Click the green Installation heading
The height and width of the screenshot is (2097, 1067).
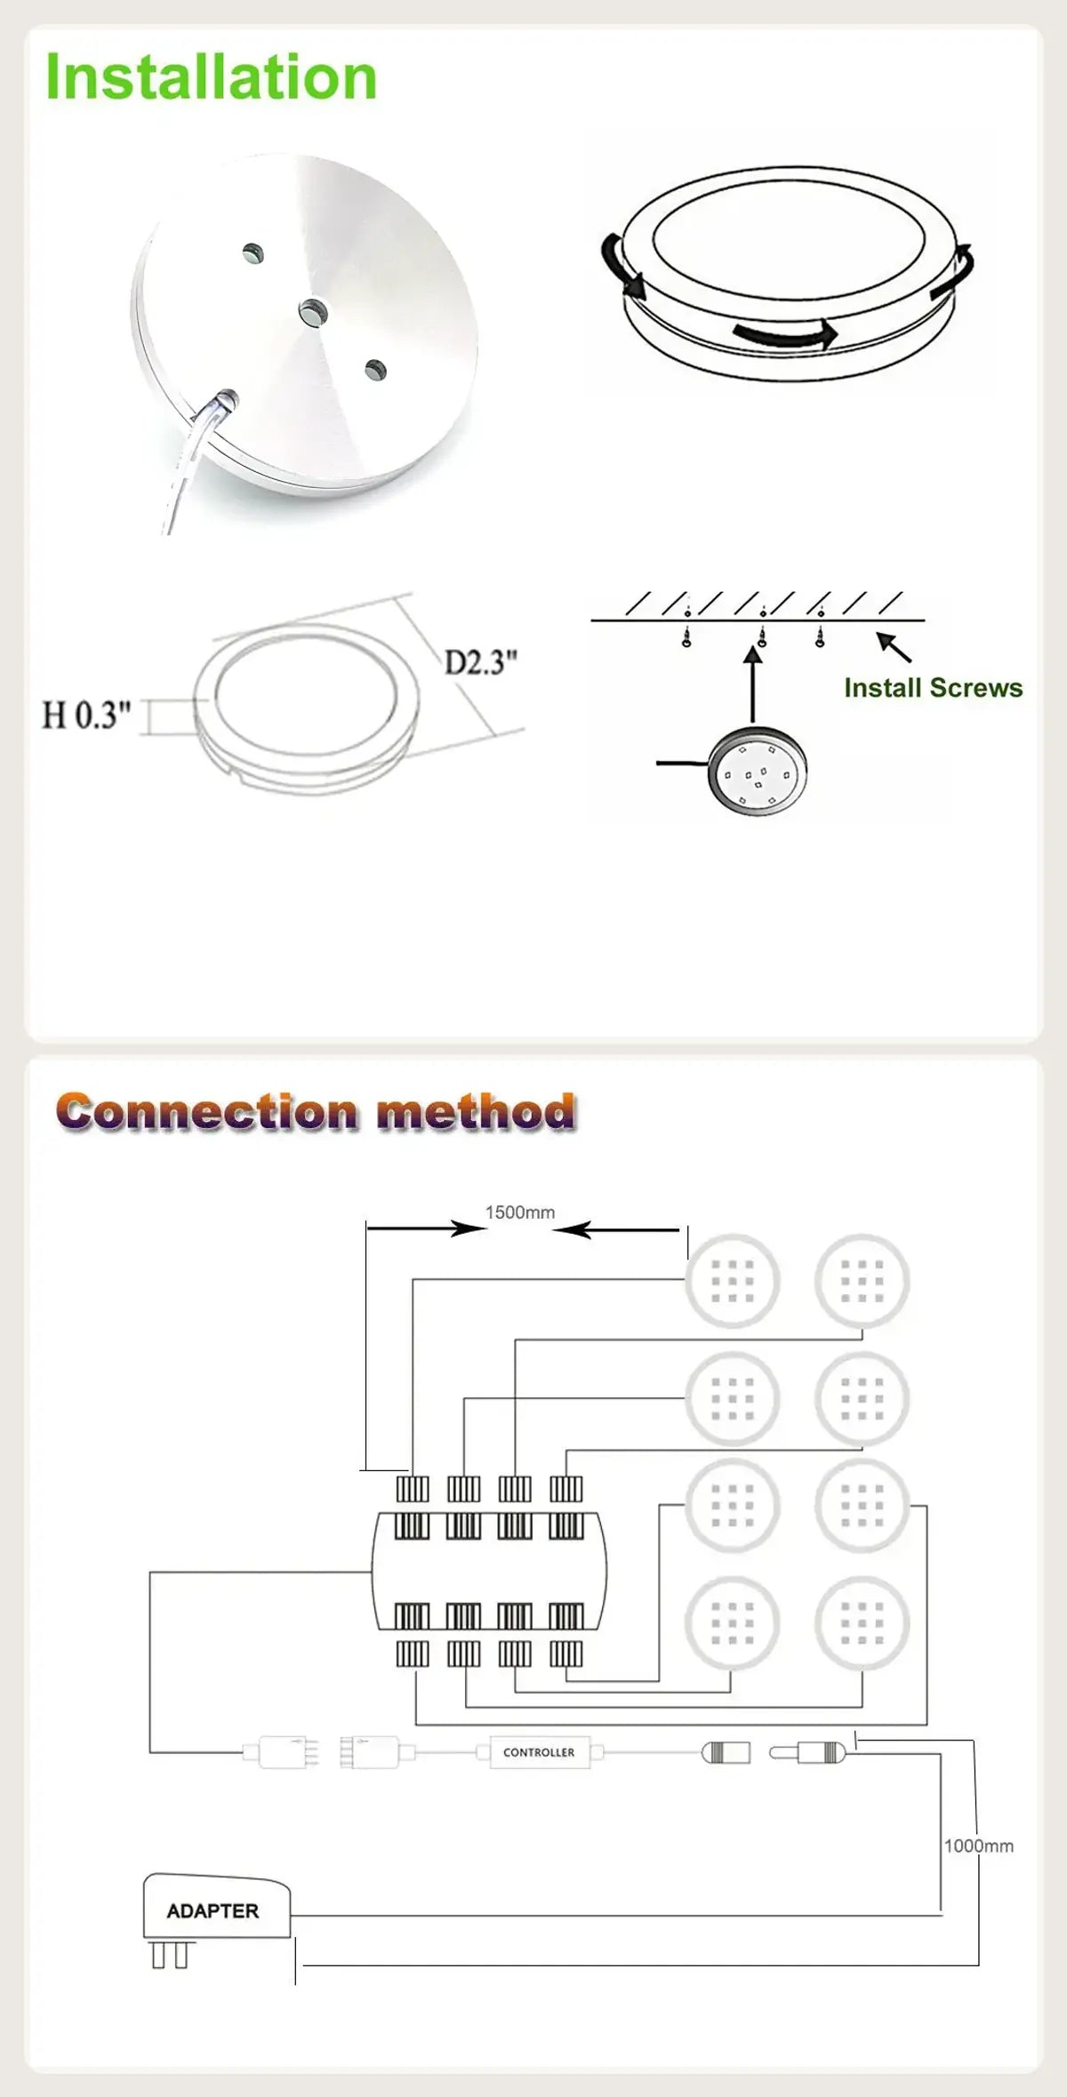pos(211,76)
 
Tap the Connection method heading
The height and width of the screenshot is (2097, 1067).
pos(316,1111)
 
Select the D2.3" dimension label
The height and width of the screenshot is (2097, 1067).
pos(480,662)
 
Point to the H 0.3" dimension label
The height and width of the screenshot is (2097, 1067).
pos(86,715)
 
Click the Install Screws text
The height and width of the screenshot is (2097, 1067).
pos(933,688)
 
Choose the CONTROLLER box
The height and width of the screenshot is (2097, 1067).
pos(539,1752)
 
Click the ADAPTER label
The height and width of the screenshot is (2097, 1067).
pos(213,1910)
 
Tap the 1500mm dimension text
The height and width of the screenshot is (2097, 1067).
pos(520,1213)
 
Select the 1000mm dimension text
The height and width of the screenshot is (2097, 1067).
pos(979,1845)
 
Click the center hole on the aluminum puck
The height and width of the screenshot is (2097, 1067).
pos(311,311)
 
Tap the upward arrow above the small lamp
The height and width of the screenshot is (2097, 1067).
pos(753,684)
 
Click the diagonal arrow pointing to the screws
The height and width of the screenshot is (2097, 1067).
pos(894,647)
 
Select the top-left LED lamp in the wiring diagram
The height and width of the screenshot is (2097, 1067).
pos(732,1281)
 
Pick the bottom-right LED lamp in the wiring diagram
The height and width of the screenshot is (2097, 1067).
pos(862,1622)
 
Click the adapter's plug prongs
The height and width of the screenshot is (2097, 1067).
pos(170,1955)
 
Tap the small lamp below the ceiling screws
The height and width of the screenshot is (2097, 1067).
pos(758,771)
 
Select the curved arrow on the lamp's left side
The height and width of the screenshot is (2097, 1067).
pos(619,266)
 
